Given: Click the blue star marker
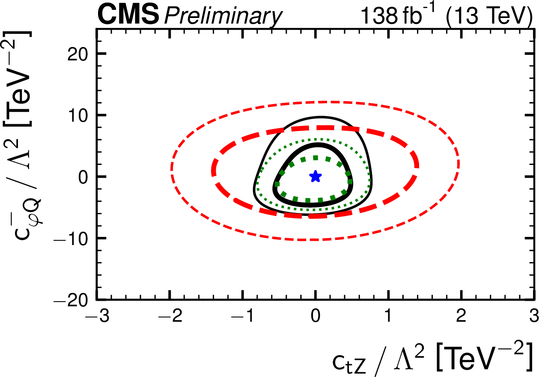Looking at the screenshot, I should [316, 176].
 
